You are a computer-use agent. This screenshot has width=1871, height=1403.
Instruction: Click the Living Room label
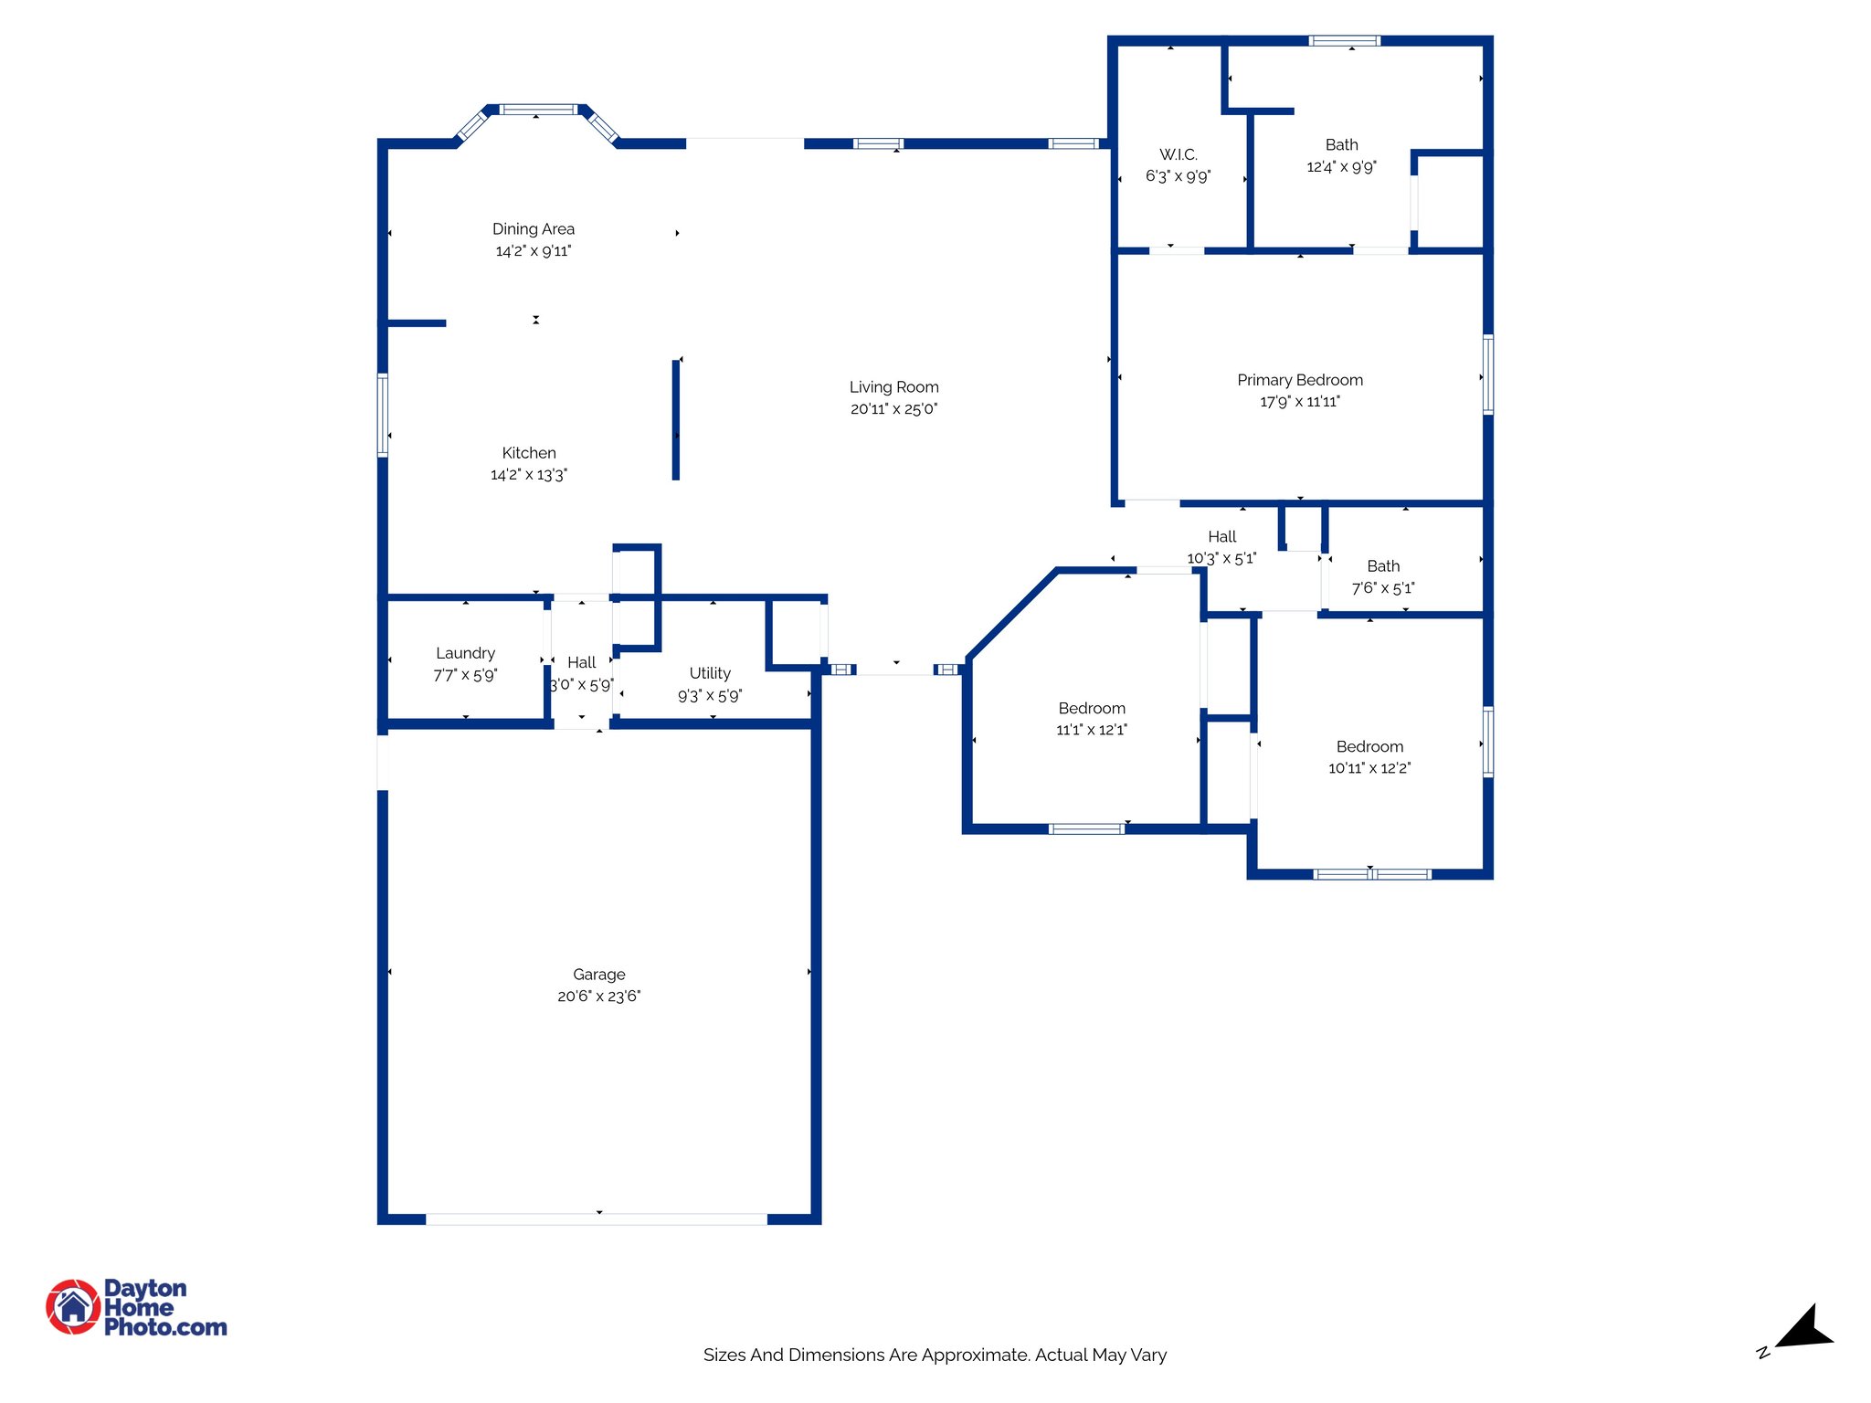pyautogui.click(x=893, y=387)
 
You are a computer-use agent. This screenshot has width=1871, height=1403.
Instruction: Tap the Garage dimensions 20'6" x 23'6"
pyautogui.click(x=598, y=997)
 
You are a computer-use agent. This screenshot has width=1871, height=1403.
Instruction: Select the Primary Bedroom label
pyautogui.click(x=1299, y=380)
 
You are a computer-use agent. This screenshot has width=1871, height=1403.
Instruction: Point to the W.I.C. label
pyautogui.click(x=1178, y=154)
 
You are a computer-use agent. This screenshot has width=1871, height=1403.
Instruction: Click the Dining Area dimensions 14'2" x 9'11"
pyautogui.click(x=533, y=251)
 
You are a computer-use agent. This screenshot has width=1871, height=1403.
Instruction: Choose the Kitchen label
pyautogui.click(x=528, y=453)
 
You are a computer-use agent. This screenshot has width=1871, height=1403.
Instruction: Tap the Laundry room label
pyautogui.click(x=465, y=653)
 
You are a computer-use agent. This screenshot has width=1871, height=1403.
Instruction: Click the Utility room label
pyautogui.click(x=709, y=673)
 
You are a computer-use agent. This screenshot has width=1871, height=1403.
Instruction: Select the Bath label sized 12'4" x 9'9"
pyautogui.click(x=1341, y=145)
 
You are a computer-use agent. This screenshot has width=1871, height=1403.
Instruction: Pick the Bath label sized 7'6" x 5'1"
pyautogui.click(x=1382, y=566)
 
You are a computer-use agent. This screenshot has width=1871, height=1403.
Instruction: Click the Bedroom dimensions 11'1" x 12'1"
pyautogui.click(x=1091, y=730)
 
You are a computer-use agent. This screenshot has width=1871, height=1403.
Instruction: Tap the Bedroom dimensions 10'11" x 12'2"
pyautogui.click(x=1369, y=768)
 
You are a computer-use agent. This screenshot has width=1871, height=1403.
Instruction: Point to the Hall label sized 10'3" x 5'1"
pyautogui.click(x=1221, y=537)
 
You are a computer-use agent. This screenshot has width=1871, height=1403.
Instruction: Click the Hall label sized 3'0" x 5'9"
pyautogui.click(x=581, y=662)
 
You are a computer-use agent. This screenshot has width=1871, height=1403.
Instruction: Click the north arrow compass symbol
pyautogui.click(x=1803, y=1329)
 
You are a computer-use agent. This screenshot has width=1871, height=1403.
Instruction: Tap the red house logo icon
pyautogui.click(x=73, y=1306)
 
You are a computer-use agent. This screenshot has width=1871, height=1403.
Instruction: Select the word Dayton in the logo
pyautogui.click(x=145, y=1288)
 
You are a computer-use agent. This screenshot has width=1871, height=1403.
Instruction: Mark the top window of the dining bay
pyautogui.click(x=538, y=110)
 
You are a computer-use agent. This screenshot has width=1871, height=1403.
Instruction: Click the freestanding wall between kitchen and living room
pyautogui.click(x=676, y=420)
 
